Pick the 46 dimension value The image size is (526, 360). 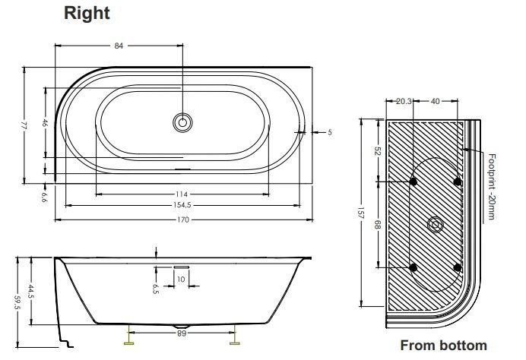(45, 123)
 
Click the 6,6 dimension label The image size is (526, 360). (45, 198)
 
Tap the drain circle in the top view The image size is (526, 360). (183, 122)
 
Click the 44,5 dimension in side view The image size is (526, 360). (31, 291)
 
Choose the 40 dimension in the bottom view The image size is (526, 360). (435, 99)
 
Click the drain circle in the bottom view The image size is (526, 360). (436, 224)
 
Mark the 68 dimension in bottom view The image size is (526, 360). (379, 225)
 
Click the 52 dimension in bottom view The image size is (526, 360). (379, 150)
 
